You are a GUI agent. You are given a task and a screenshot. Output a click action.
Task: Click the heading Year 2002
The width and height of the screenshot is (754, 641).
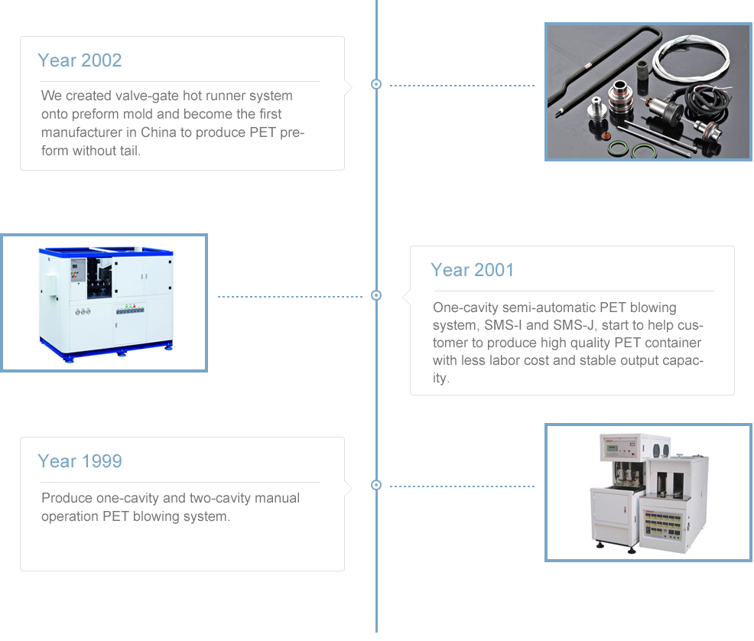point(80,60)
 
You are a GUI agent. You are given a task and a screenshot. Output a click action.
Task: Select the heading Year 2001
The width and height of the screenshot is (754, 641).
point(473,270)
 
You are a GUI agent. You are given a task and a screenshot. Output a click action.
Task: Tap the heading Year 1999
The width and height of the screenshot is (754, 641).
point(80,461)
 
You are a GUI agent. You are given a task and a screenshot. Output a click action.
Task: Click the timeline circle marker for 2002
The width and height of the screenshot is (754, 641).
point(376,84)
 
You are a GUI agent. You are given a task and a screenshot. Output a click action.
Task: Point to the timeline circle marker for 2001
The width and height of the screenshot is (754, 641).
point(376,295)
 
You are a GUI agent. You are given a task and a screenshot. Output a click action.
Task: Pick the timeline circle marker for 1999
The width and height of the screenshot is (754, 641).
point(376,485)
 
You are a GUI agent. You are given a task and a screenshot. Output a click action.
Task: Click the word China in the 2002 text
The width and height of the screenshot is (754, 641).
point(158,132)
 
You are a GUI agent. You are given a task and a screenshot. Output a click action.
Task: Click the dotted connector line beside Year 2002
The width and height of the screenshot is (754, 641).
point(462,86)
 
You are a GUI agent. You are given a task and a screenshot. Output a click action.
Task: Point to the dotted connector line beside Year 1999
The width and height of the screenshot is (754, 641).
point(462,486)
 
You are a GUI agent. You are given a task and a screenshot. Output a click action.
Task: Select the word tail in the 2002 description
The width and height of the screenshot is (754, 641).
point(130,151)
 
